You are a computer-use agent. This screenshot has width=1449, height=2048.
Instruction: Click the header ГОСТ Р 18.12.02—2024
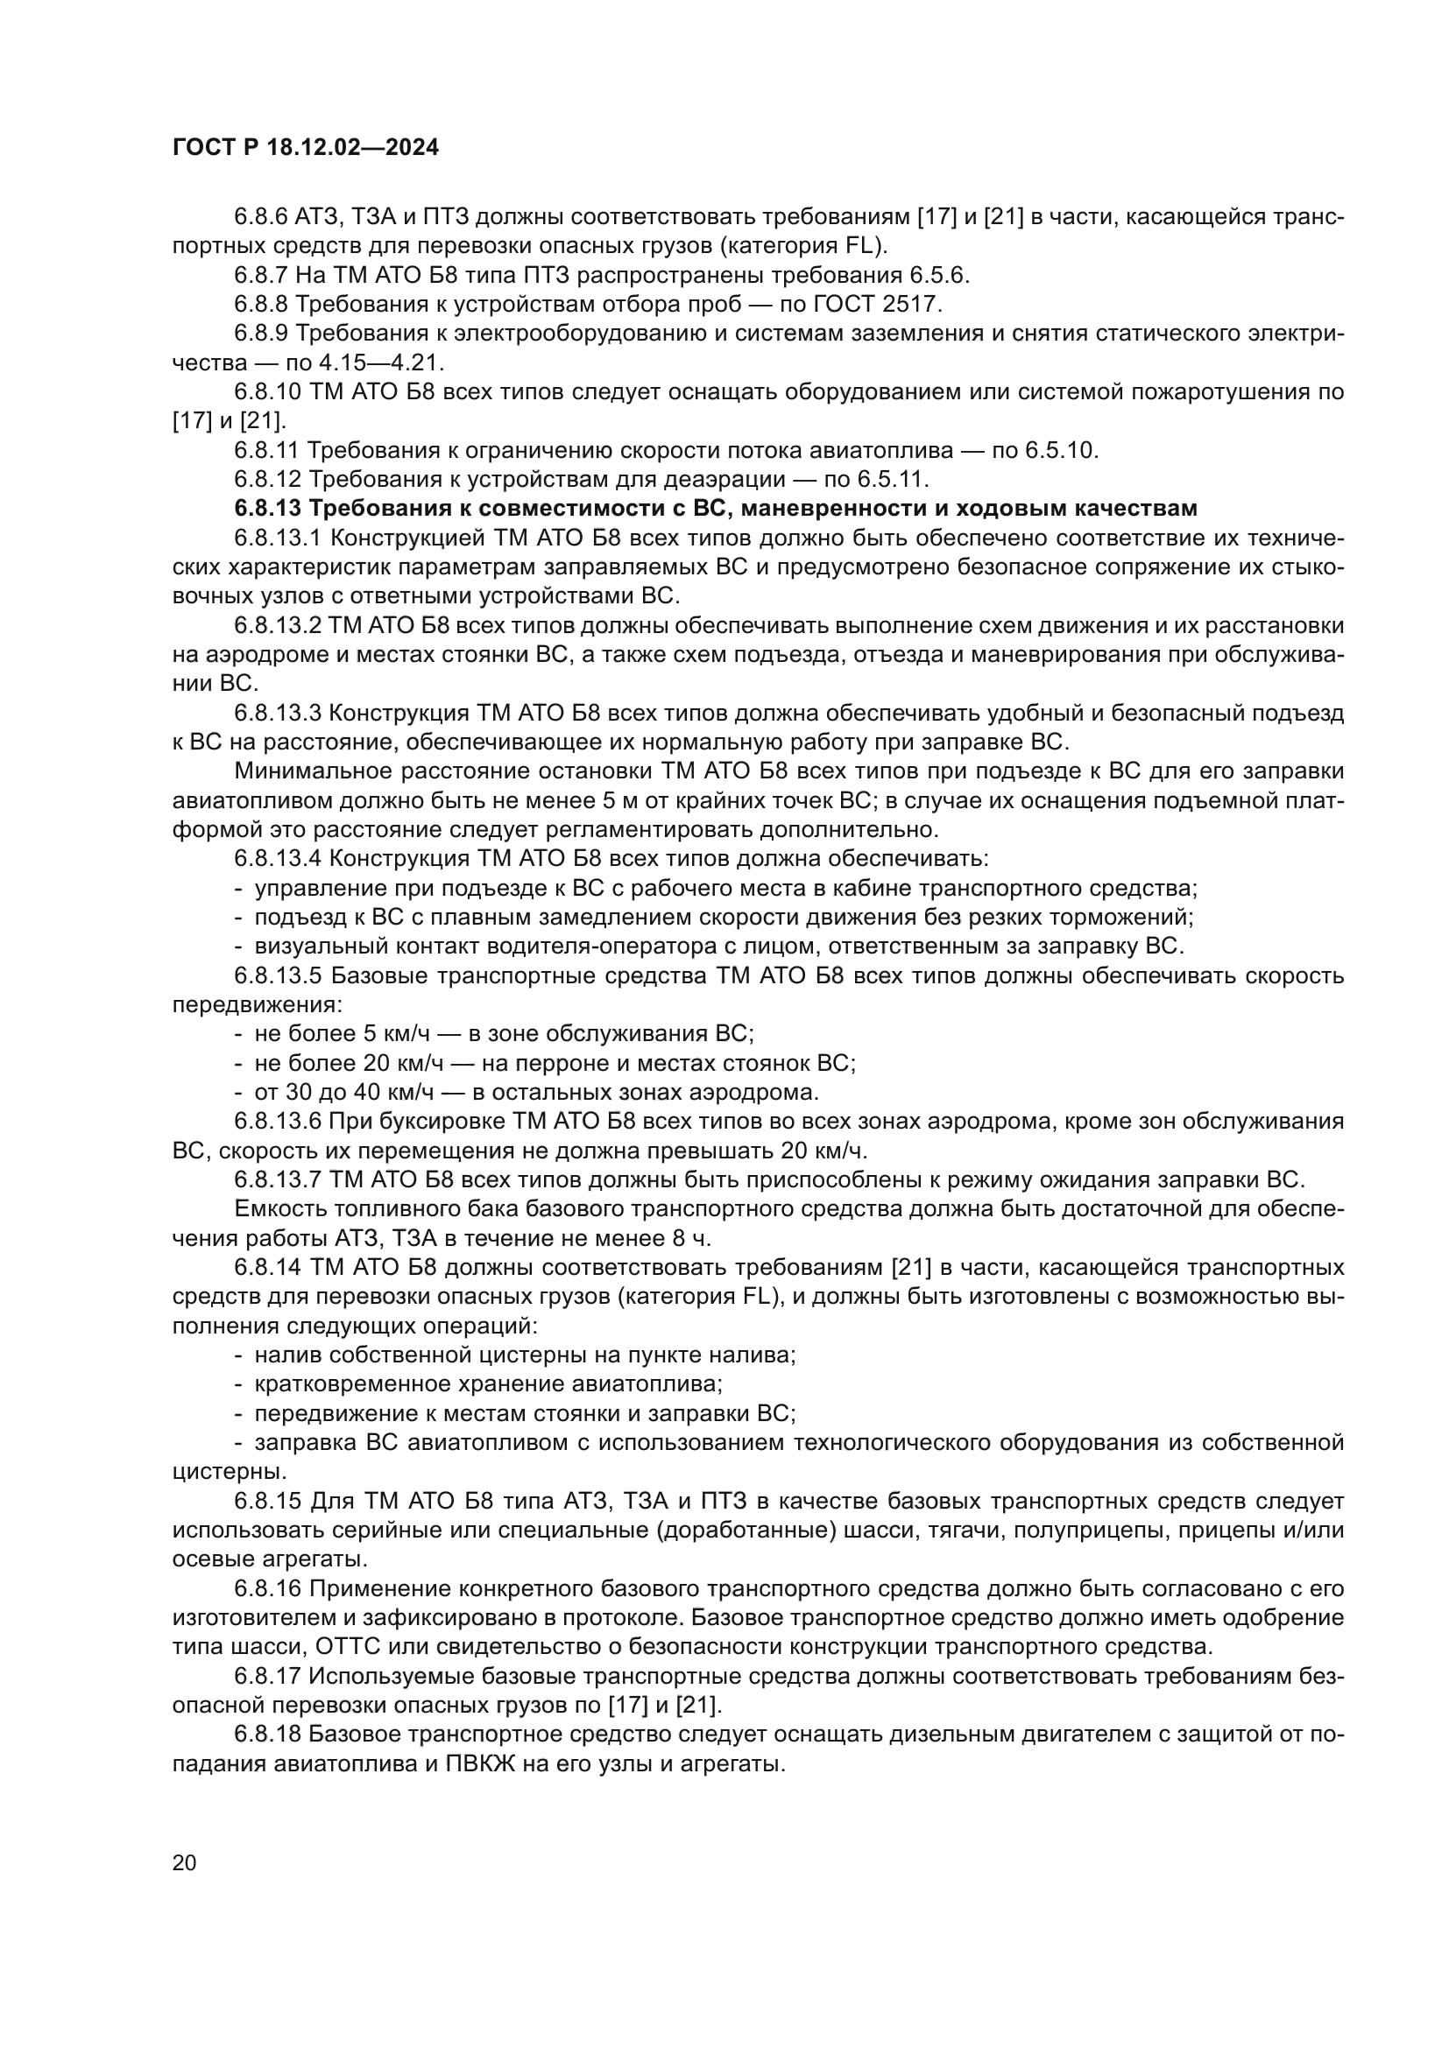(305, 148)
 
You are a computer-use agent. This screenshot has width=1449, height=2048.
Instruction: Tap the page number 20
(184, 1861)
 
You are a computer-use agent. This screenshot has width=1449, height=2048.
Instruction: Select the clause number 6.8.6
(261, 217)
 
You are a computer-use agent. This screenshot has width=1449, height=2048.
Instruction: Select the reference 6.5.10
(1061, 450)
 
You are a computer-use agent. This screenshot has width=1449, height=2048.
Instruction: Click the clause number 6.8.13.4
(279, 859)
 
